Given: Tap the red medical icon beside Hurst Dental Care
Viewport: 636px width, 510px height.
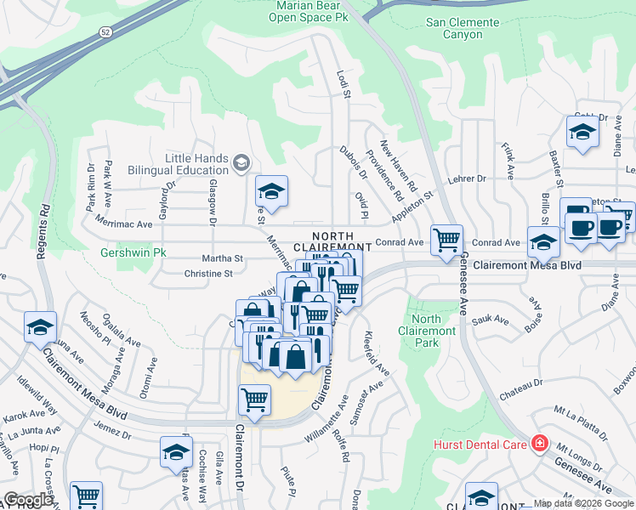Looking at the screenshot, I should point(538,443).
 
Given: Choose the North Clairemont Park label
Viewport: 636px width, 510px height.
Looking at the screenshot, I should point(426,331).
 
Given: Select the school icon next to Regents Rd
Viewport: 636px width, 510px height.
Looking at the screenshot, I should point(40,326).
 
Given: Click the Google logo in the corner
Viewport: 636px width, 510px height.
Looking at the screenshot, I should point(28,500).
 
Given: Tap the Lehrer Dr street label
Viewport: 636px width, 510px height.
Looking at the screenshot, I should point(468,178).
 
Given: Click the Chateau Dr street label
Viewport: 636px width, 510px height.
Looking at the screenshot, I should point(520,388).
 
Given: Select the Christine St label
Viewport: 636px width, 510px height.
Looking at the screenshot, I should point(208,274).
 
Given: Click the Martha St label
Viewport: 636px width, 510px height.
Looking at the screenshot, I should point(222,258).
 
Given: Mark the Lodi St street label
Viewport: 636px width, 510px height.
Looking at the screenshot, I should point(344,83).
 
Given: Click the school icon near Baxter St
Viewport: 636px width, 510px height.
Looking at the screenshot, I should point(582,132).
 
